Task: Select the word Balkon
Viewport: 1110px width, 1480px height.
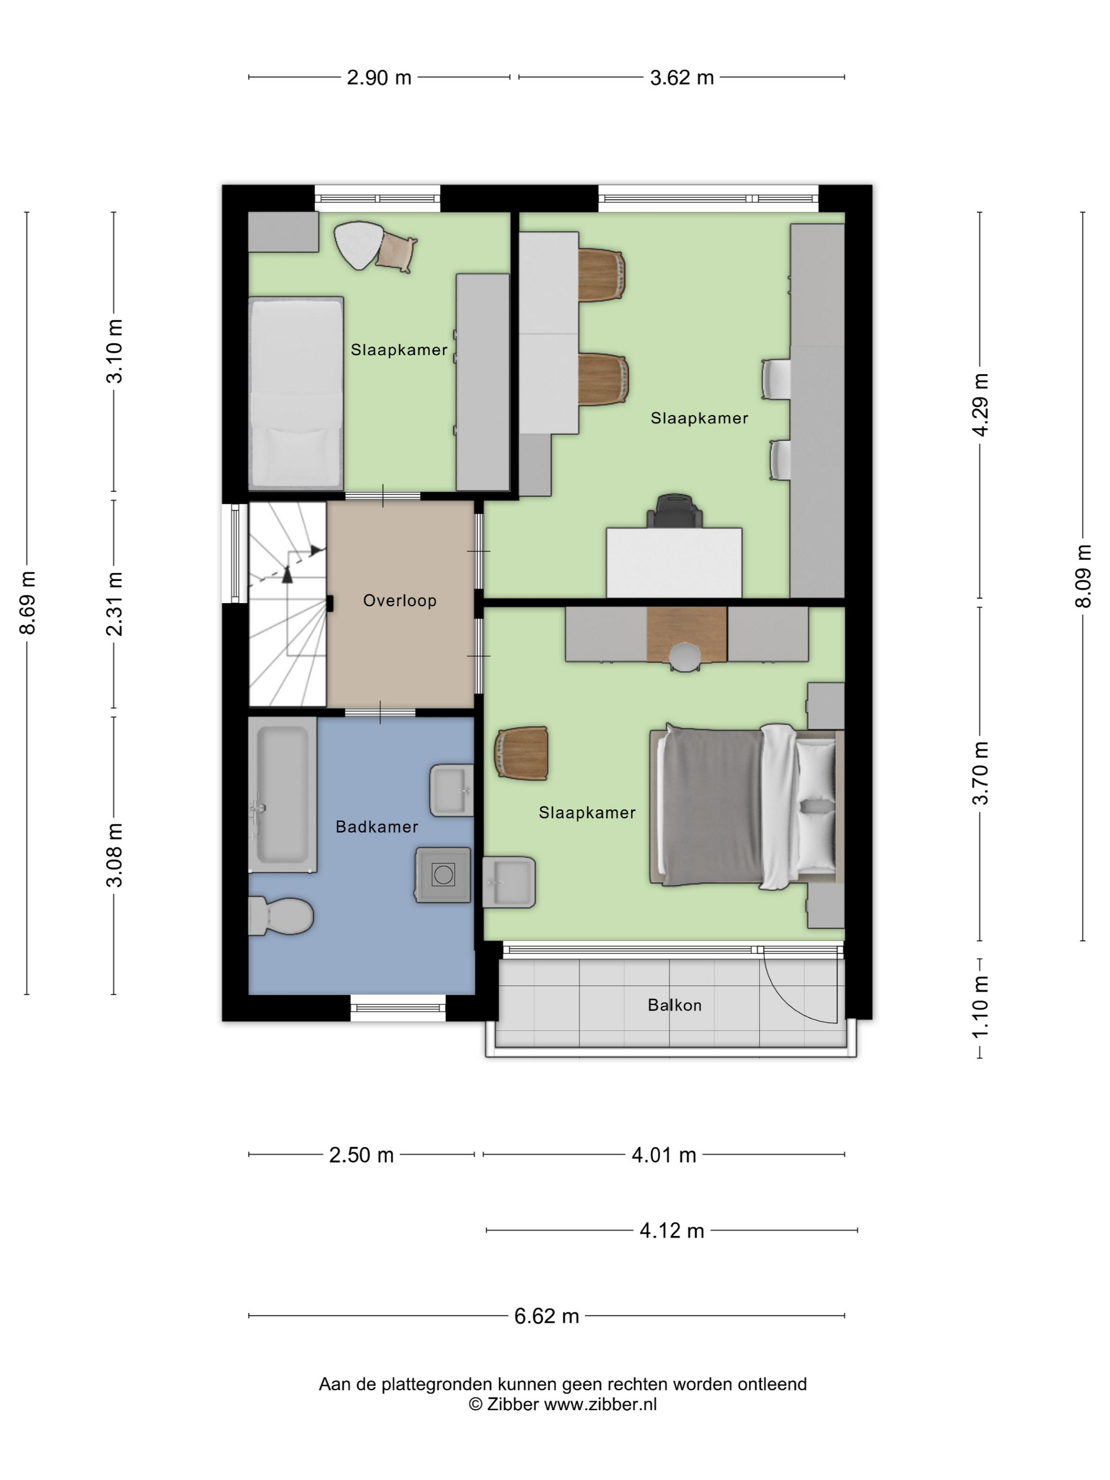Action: tap(674, 1005)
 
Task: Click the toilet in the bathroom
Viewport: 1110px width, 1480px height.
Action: tap(281, 916)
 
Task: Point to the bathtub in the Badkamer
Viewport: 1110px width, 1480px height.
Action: tap(282, 795)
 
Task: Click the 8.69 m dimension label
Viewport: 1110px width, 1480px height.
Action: tap(27, 603)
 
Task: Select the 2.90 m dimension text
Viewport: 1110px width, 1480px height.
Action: tap(378, 78)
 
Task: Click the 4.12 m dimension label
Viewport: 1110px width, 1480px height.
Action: tap(672, 1231)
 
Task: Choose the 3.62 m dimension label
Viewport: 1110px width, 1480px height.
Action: tap(682, 78)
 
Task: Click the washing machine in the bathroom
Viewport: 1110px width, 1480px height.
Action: tap(443, 875)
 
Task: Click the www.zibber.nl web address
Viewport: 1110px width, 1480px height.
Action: tap(600, 1404)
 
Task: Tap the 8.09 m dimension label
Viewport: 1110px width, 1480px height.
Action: tap(1083, 576)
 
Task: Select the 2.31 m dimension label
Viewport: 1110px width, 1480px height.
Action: tap(114, 604)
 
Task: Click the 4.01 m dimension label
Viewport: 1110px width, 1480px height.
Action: tap(664, 1155)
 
